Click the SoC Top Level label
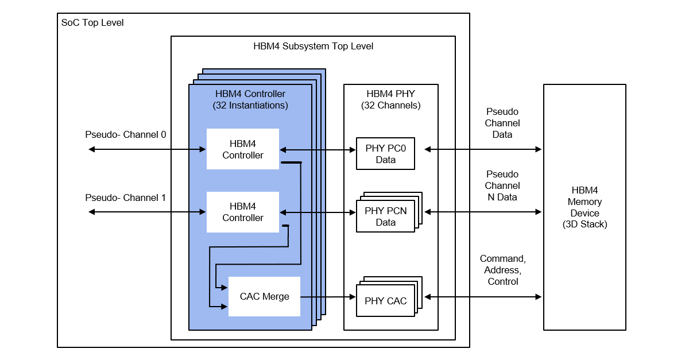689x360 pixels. click(92, 23)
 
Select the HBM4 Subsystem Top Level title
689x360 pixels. click(313, 46)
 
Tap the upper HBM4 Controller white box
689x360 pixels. click(243, 149)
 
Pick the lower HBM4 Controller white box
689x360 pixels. click(243, 212)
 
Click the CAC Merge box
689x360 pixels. click(264, 296)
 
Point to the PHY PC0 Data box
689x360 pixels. click(385, 154)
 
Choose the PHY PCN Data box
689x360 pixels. click(385, 216)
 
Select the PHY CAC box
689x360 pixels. click(385, 301)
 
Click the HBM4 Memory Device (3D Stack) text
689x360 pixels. click(585, 207)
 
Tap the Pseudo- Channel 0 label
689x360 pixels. click(126, 135)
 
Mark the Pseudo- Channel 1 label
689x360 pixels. click(126, 198)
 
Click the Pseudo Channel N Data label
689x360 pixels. click(502, 185)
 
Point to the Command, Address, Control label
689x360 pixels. click(502, 270)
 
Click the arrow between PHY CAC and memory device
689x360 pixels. click(482, 297)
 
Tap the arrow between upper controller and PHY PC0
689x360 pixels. click(318, 150)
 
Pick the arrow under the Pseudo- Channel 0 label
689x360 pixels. click(147, 150)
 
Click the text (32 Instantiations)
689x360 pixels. click(250, 106)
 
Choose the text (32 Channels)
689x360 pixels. click(390, 106)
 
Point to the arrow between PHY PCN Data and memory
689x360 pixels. click(482, 212)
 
